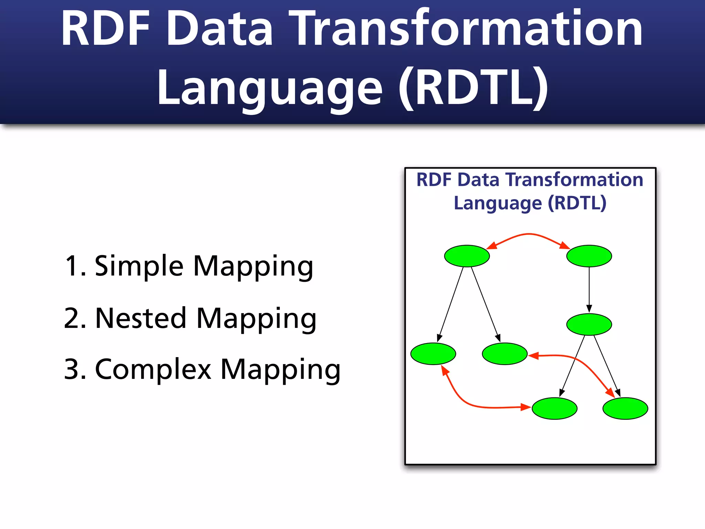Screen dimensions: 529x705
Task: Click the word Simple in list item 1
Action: (x=139, y=266)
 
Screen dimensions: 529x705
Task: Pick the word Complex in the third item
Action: (x=153, y=369)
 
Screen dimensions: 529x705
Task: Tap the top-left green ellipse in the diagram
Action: (x=467, y=256)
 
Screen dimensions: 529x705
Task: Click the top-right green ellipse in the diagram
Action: (x=589, y=256)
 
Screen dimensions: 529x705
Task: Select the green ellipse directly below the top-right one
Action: (x=589, y=324)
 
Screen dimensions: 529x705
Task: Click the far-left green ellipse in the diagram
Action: (x=433, y=354)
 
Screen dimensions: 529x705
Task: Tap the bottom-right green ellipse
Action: (x=625, y=408)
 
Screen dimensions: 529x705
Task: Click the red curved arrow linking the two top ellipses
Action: (x=529, y=234)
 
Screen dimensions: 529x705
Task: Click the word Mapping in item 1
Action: (x=253, y=266)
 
